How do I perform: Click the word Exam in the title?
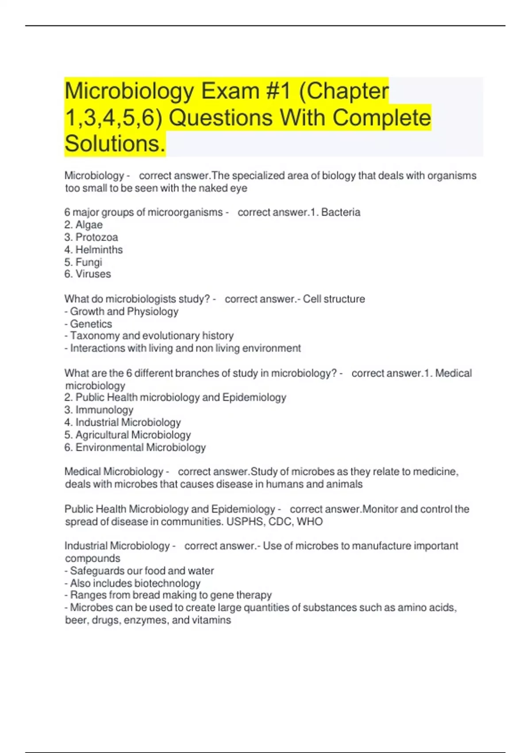click(230, 91)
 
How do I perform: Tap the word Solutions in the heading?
click(115, 144)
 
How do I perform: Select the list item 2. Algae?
click(84, 225)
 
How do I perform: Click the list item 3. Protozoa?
click(91, 237)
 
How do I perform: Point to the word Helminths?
click(99, 250)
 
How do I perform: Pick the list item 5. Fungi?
click(83, 262)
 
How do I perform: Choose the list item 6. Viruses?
click(88, 274)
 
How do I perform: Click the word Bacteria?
click(341, 213)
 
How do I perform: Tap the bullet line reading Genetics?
click(88, 324)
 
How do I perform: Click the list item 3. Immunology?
click(99, 410)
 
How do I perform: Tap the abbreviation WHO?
click(310, 522)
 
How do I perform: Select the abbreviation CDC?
click(280, 522)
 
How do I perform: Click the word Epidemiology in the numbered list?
click(254, 397)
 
